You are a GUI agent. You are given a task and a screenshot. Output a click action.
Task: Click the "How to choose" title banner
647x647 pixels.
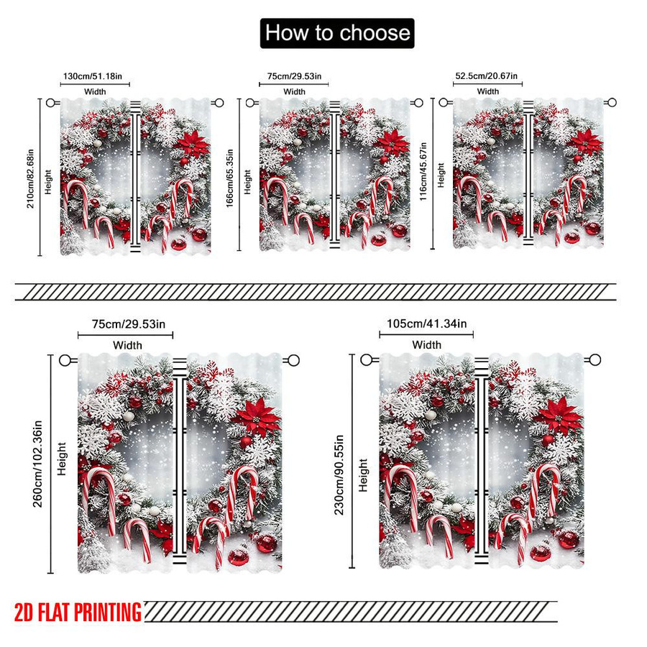[x=337, y=33]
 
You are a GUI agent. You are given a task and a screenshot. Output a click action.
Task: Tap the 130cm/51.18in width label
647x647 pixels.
[x=93, y=76]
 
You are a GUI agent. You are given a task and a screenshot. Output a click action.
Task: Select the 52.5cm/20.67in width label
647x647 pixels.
[x=486, y=76]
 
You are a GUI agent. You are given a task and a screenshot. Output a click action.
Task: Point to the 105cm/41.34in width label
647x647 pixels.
[x=426, y=323]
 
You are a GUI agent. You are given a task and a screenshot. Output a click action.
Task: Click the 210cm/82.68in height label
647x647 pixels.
[x=30, y=179]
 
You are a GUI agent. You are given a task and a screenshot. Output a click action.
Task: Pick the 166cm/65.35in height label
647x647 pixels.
[x=230, y=178]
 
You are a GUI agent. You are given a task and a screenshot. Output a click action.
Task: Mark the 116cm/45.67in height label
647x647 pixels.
[x=423, y=172]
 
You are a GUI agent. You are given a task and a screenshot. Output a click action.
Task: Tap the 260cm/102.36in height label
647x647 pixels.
[x=37, y=464]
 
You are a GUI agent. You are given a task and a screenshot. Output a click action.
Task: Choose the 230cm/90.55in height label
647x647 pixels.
[x=339, y=474]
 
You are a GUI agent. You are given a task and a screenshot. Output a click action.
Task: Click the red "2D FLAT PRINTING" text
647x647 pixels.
[x=78, y=612]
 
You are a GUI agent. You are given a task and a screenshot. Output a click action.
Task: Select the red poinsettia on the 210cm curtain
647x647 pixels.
[x=192, y=143]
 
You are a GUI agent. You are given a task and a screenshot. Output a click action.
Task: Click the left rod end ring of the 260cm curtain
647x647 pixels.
[x=65, y=360]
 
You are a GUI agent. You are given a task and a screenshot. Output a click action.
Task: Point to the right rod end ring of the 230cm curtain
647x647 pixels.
[x=595, y=360]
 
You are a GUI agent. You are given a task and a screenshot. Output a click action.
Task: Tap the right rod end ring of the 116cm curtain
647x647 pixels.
[x=612, y=102]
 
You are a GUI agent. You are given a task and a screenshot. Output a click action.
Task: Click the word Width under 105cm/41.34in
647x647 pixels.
[x=426, y=344]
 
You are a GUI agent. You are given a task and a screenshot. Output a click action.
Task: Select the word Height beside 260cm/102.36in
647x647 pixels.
[x=62, y=459]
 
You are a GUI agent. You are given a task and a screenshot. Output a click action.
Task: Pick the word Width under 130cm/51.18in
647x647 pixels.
[x=95, y=91]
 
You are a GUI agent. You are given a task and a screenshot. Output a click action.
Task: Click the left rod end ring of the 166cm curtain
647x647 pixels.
[x=249, y=103]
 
